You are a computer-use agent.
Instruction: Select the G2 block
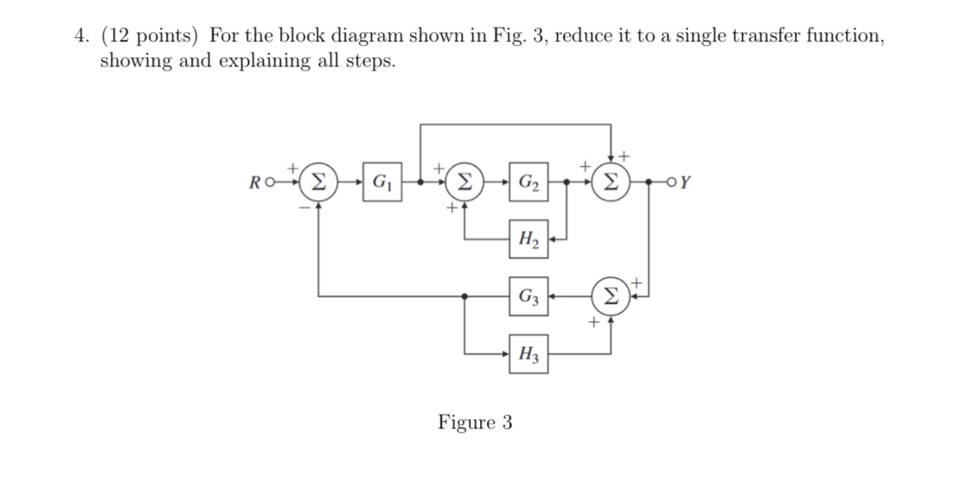(528, 183)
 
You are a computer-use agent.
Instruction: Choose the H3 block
(528, 353)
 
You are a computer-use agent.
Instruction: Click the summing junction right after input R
(318, 183)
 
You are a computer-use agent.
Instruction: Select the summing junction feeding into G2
(465, 183)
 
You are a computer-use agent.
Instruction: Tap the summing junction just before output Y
(611, 183)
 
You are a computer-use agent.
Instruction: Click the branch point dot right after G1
(420, 183)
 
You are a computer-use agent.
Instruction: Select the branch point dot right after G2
(567, 183)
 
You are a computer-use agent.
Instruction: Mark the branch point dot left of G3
(466, 296)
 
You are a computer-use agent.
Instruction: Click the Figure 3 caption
(475, 422)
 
